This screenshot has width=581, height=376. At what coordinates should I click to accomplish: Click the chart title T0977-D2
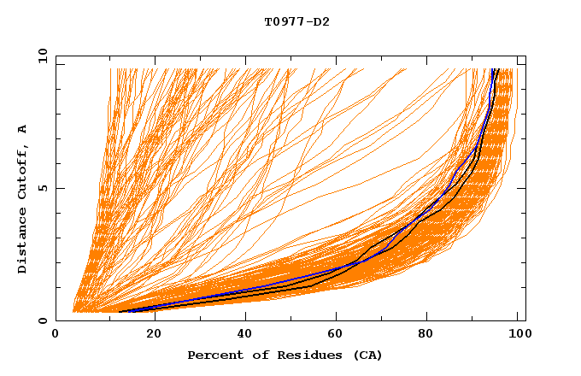point(296,21)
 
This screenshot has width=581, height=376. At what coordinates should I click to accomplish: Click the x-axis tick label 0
point(56,336)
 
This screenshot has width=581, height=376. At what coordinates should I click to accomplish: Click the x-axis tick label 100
point(519,336)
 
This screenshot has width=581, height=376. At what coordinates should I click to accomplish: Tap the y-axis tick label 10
point(41,56)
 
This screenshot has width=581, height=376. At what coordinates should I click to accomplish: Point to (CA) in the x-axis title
point(366,355)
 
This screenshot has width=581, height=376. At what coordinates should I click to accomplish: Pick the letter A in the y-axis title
point(23,129)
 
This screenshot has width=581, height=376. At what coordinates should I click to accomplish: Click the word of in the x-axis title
point(254,355)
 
